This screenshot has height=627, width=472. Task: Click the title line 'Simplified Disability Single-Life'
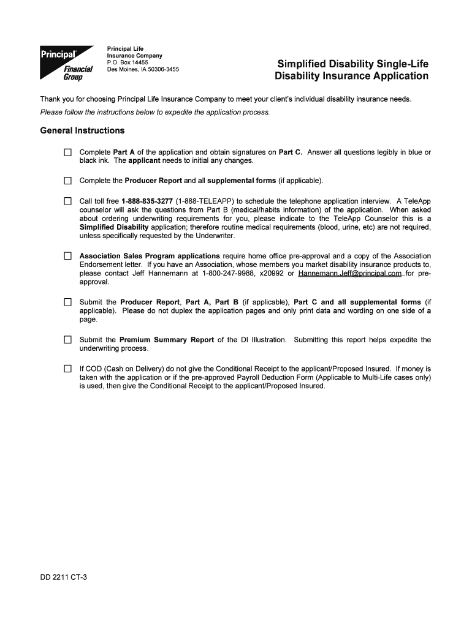[352, 64]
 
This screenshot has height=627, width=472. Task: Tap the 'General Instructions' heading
[82, 130]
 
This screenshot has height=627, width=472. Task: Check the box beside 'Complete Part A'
[68, 152]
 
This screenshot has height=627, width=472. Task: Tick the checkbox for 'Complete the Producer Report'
[68, 181]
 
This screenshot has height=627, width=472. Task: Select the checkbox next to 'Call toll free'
[68, 201]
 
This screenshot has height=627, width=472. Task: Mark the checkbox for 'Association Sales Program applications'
[68, 256]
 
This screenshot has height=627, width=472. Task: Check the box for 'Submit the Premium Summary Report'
[68, 340]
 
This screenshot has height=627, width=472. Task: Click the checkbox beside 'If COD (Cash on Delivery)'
[68, 369]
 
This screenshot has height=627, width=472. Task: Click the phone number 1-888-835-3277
[147, 201]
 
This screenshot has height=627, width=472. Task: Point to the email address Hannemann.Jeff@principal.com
[349, 273]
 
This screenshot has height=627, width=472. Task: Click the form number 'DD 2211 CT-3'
[64, 577]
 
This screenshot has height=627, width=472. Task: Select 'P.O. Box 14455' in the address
[128, 62]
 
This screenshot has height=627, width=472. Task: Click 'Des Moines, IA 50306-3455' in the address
[143, 69]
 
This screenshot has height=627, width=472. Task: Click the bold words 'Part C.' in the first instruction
[291, 152]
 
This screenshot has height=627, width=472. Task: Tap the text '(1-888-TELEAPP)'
[205, 201]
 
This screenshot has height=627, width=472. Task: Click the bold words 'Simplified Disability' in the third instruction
[114, 227]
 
